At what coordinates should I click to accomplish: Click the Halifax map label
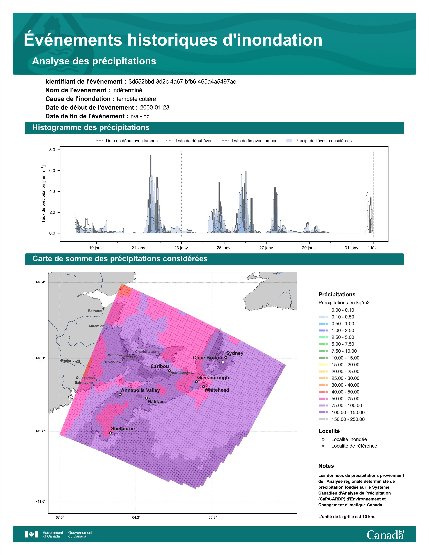coord(155,401)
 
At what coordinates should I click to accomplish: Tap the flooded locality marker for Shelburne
coord(110,433)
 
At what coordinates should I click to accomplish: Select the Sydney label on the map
coord(235,353)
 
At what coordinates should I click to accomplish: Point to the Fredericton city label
coord(70,361)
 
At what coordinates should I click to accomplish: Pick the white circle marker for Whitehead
coord(203,386)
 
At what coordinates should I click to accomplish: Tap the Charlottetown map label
coord(147,352)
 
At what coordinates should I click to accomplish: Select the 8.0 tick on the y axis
coord(52,150)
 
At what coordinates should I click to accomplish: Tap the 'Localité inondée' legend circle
coord(323,439)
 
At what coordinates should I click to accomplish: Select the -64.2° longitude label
coord(136,517)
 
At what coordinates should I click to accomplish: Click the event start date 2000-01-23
coord(154,107)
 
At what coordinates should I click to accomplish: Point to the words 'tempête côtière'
coord(136,99)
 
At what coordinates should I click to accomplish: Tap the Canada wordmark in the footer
coord(385,535)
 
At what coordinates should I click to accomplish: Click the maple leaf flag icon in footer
coord(31,534)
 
